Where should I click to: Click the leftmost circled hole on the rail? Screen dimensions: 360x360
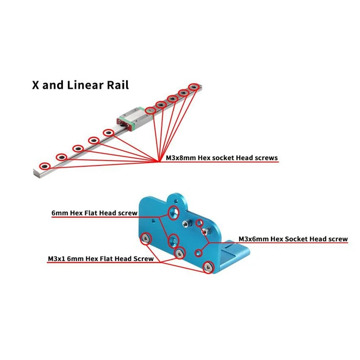(x=44, y=166)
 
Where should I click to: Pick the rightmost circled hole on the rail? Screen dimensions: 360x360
(x=193, y=86)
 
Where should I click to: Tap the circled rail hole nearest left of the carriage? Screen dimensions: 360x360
(x=108, y=132)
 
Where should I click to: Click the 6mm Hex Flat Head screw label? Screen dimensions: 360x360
(x=94, y=213)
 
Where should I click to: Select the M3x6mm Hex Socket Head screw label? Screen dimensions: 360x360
(x=292, y=239)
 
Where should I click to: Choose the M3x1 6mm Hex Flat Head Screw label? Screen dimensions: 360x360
(x=101, y=259)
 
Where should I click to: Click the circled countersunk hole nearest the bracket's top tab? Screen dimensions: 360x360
(x=174, y=211)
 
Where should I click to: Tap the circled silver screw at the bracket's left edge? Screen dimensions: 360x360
(x=146, y=238)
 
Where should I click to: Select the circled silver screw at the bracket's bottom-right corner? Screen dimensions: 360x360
(x=208, y=267)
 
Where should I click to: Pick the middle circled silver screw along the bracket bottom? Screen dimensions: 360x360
(x=179, y=253)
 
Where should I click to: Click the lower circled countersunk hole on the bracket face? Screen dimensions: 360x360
(x=173, y=240)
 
